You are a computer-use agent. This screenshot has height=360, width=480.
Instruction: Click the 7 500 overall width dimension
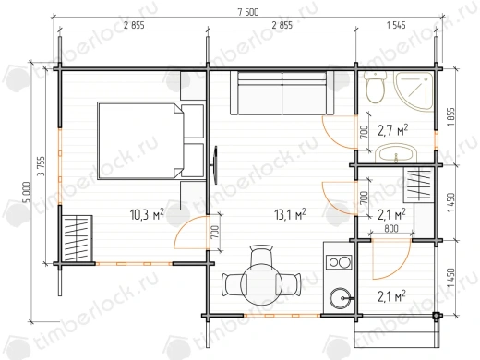(x=248, y=12)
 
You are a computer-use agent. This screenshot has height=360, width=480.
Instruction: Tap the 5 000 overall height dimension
(x=26, y=192)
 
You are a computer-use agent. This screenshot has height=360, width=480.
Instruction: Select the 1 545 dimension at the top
(x=396, y=25)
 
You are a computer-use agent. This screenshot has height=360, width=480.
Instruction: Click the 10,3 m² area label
(x=147, y=214)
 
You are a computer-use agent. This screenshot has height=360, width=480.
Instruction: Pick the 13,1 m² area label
(x=290, y=214)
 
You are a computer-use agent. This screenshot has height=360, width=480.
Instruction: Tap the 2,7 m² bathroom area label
(x=393, y=131)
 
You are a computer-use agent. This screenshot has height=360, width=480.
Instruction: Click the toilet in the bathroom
(x=376, y=88)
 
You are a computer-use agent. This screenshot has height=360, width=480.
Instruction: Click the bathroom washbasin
(x=396, y=153)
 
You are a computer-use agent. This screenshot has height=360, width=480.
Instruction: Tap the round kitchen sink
(x=340, y=298)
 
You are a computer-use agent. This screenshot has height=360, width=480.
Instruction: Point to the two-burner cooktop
(x=340, y=262)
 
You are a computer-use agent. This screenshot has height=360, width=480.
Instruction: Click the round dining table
(x=261, y=284)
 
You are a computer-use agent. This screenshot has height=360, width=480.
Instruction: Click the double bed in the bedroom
(x=151, y=141)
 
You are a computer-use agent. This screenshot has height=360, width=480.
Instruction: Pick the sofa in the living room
(x=282, y=93)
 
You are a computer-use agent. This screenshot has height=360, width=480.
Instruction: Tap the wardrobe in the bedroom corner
(x=77, y=239)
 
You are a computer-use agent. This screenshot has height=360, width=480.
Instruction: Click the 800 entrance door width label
(x=391, y=229)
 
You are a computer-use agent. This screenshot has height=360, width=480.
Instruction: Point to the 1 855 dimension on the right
(x=451, y=117)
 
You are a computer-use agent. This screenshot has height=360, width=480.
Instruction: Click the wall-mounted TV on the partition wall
(x=215, y=165)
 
